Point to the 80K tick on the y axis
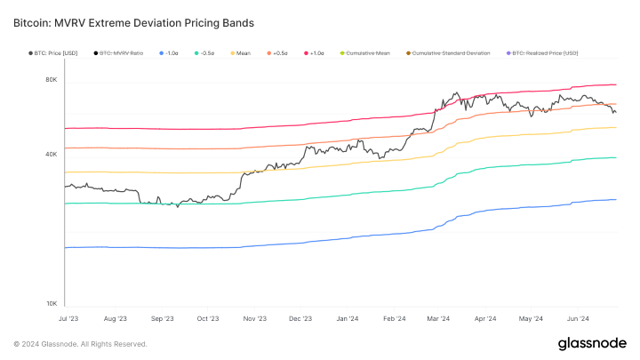52,80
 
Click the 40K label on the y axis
52,155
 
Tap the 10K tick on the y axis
52,304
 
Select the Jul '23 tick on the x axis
68,317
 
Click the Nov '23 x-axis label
255,317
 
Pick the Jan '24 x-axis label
348,317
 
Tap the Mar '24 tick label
438,317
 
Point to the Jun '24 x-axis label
578,317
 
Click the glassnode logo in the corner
592,343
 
